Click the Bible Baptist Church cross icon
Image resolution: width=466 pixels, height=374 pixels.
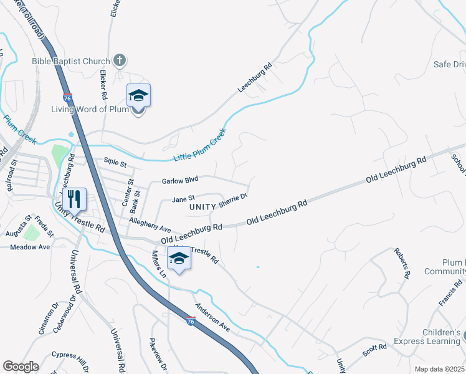pyautogui.click(x=120, y=61)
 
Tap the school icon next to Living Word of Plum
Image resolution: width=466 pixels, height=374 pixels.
pyautogui.click(x=138, y=97)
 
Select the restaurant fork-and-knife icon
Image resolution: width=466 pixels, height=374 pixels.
pyautogui.click(x=74, y=199)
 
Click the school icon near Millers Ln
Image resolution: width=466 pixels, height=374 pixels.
pyautogui.click(x=179, y=259)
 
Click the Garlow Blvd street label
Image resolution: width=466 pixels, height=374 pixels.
pyautogui.click(x=179, y=181)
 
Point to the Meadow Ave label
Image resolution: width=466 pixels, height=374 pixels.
pyautogui.click(x=30, y=247)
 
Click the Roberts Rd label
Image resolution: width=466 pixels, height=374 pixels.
pyautogui.click(x=402, y=262)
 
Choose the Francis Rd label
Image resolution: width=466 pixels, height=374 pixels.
pyautogui.click(x=449, y=292)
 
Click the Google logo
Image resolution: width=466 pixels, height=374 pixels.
pyautogui.click(x=21, y=367)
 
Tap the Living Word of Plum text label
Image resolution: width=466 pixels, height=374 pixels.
pyautogui.click(x=90, y=110)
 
